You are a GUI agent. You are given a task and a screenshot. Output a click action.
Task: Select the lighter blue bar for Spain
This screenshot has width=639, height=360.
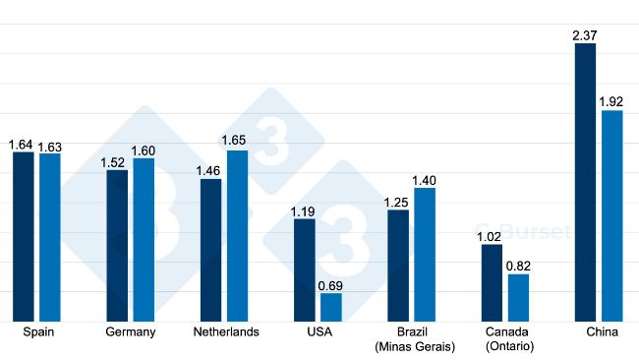49,237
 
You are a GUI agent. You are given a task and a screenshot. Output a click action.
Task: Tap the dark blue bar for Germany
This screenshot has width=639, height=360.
118,245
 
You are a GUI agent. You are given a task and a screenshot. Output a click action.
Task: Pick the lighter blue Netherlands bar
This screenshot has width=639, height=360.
237,235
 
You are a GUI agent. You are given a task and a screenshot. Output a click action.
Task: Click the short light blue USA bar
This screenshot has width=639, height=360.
331,307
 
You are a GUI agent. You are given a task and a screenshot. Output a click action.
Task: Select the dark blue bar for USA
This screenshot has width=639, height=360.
305,270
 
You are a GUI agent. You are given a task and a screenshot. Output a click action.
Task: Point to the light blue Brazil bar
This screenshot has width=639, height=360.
425,254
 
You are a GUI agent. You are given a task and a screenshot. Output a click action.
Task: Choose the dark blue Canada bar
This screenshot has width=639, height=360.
492,282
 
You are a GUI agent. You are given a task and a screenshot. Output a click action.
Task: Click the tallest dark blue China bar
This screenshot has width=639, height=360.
585,182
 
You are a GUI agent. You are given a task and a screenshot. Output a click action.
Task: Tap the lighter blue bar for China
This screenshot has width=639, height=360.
612,215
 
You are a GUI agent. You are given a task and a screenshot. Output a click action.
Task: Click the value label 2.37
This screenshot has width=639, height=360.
585,35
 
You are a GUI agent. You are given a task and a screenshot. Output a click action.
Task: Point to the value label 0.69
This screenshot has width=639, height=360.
331,285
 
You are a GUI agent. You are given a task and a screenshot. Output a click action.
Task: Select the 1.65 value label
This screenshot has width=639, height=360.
237,142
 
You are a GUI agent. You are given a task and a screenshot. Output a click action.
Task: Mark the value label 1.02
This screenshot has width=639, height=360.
492,236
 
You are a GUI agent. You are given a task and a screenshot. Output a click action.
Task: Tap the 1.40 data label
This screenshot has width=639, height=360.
425,180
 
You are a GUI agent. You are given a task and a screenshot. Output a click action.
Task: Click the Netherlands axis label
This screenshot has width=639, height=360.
226,332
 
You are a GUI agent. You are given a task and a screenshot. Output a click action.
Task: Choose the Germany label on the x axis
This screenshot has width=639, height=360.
131,332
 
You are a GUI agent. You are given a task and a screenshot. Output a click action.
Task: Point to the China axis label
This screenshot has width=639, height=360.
602,332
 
